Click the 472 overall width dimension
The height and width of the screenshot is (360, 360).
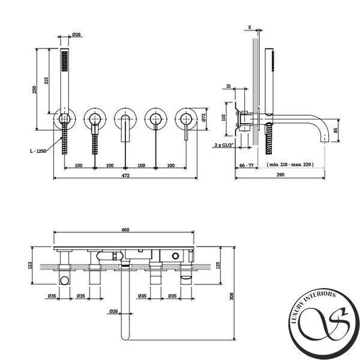tap(125, 175)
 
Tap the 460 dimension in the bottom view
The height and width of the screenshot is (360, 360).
tap(125, 230)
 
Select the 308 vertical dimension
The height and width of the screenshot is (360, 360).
tap(232, 296)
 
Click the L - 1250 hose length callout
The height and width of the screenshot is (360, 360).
tap(38, 151)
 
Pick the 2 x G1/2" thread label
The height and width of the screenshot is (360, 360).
tap(224, 145)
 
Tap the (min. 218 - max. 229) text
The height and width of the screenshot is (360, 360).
tap(290, 164)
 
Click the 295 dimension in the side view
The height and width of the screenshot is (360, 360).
tap(280, 175)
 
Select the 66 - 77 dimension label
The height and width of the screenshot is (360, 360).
tap(247, 166)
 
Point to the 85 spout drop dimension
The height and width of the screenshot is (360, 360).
tap(335, 130)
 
